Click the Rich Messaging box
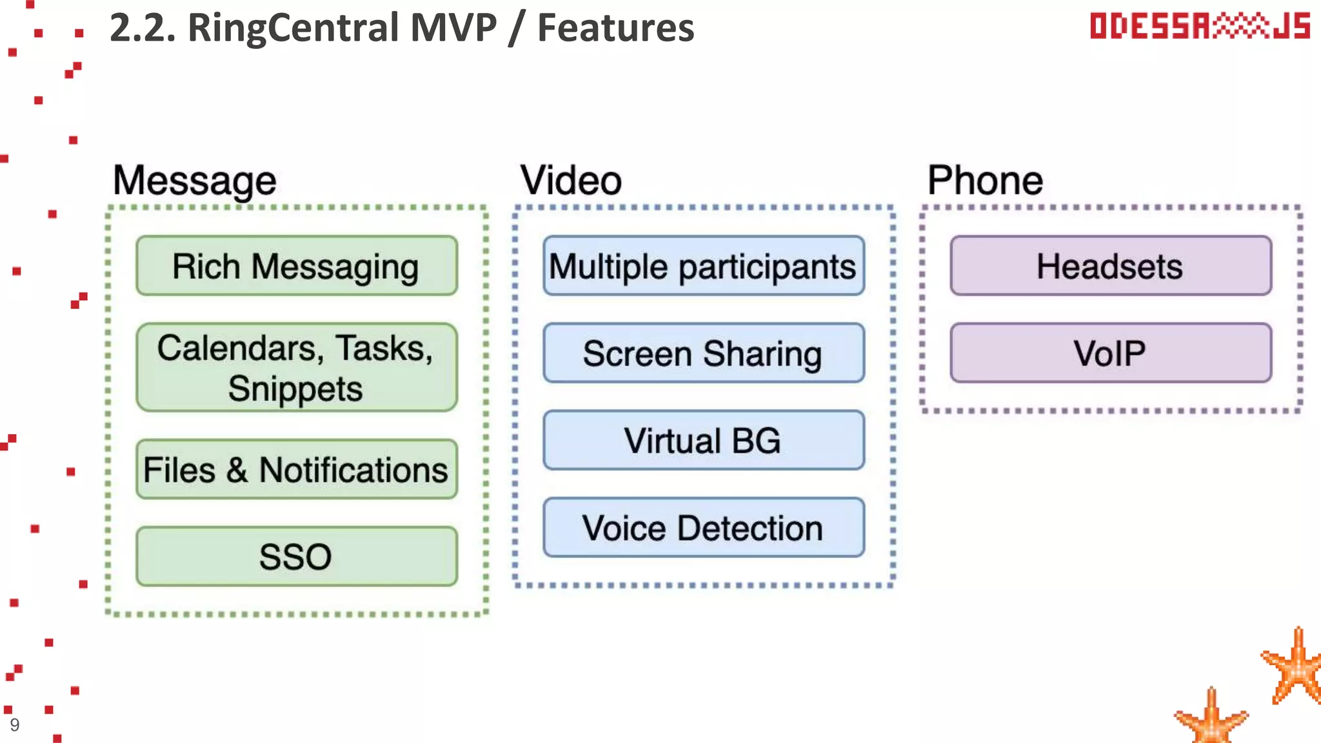297,266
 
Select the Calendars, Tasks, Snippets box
297,367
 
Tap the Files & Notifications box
297,469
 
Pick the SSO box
297,556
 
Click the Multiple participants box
703,266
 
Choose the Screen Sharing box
703,353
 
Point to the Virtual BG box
703,440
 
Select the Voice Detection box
703,527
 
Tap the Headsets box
1110,266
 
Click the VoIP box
1110,353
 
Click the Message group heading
194,180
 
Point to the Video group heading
571,180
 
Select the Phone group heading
985,180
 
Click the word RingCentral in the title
293,28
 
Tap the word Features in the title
615,28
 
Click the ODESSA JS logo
1200,26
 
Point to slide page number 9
15,725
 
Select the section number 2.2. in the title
143,28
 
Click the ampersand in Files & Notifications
237,470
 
